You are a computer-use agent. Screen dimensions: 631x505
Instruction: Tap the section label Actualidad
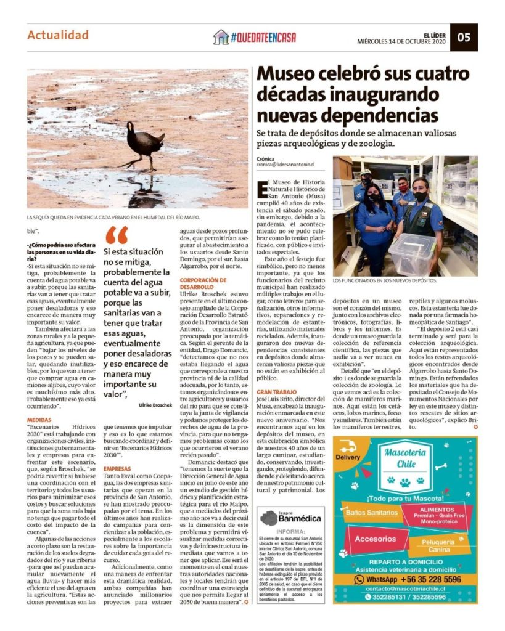[58, 35]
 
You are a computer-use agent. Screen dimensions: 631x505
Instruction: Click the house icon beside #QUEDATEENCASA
[221, 37]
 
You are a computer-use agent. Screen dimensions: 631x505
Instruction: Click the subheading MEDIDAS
[39, 419]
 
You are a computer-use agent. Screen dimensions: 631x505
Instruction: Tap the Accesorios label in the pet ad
[376, 539]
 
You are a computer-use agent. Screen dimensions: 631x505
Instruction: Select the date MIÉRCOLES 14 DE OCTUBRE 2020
[400, 41]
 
